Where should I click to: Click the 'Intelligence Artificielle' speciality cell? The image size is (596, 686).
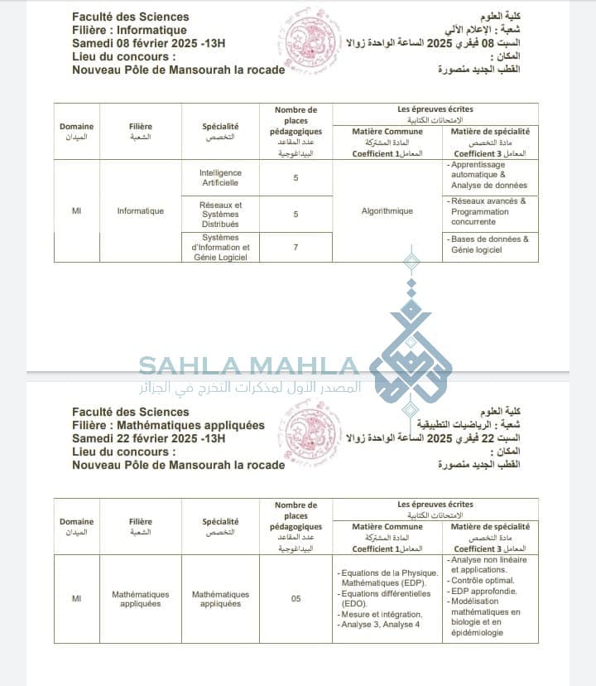220,177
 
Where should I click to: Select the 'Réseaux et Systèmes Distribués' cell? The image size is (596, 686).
220,214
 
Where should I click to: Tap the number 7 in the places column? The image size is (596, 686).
296,247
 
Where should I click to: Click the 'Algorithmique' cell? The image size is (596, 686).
387,211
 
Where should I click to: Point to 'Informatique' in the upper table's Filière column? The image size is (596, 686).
141,211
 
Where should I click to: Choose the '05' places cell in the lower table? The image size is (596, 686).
296,598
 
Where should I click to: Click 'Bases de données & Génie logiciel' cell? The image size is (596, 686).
489,244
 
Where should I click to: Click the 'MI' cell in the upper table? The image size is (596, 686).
77,211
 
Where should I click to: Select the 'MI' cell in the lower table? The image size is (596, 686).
77,598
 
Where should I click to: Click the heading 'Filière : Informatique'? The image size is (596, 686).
129,30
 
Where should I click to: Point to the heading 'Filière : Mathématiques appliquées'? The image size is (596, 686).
168,425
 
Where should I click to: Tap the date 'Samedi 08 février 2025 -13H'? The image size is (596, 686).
148,43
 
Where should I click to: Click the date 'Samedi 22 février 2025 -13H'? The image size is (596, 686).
148,438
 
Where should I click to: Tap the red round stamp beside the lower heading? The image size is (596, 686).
307,437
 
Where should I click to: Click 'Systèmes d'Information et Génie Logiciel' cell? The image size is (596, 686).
220,247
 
